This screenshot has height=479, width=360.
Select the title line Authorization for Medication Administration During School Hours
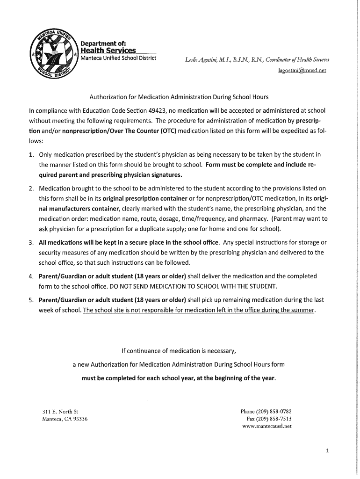pyautogui.click(x=179, y=97)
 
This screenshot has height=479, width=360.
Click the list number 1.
pyautogui.click(x=31, y=154)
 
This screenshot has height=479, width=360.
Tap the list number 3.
pyautogui.click(x=31, y=242)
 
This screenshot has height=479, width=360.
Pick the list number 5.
pyautogui.click(x=31, y=300)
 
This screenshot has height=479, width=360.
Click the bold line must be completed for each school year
pyautogui.click(x=179, y=377)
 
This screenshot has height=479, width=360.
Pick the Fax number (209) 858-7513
pyautogui.click(x=276, y=419)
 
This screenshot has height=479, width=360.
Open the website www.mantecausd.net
pyautogui.click(x=266, y=427)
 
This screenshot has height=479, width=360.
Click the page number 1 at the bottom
pyautogui.click(x=328, y=451)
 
